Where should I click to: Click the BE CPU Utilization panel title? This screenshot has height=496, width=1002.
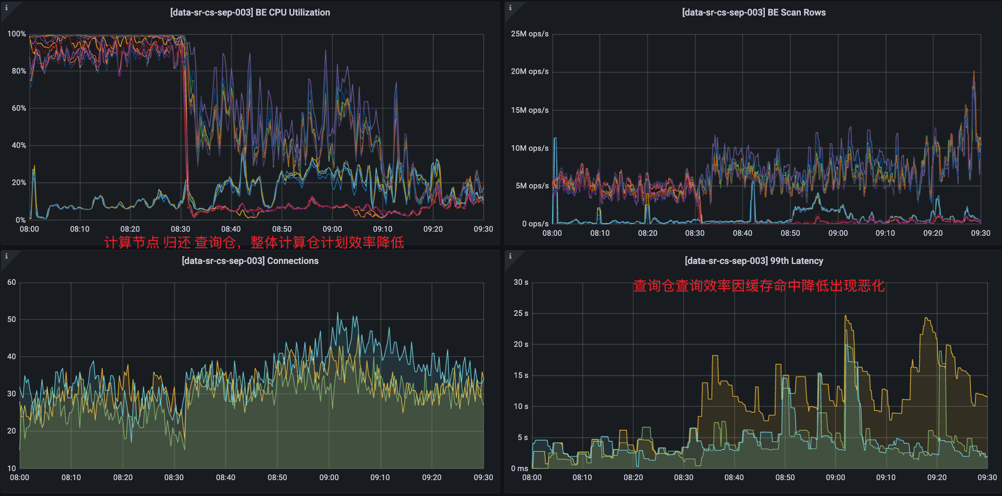(250, 13)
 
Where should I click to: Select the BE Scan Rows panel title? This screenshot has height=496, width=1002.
(754, 13)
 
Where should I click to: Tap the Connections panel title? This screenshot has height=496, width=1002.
(250, 261)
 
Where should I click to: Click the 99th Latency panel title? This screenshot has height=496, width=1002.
(754, 261)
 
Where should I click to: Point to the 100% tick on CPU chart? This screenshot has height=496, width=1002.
(16, 34)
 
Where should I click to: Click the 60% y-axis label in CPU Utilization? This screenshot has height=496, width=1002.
(19, 108)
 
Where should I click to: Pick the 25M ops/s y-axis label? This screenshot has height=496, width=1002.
(530, 34)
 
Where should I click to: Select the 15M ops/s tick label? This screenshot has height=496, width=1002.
(530, 110)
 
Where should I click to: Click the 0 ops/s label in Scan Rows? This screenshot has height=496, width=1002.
(535, 224)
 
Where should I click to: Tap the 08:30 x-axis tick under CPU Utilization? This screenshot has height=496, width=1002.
(180, 229)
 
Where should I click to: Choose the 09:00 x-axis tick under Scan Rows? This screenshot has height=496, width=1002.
(838, 233)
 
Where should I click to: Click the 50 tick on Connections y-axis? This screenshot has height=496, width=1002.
(11, 319)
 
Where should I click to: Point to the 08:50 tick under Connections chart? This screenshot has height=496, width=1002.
(277, 478)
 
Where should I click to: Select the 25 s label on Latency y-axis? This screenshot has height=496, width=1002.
(521, 313)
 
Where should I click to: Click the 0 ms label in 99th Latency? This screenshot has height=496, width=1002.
(519, 469)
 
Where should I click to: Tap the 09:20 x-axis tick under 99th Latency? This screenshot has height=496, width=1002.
(937, 478)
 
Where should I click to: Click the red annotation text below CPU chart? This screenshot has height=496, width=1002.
(254, 243)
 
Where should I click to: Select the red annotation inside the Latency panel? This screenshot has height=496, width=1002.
(759, 286)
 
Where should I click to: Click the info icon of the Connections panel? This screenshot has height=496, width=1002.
(7, 256)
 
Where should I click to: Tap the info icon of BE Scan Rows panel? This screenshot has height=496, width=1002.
(510, 8)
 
